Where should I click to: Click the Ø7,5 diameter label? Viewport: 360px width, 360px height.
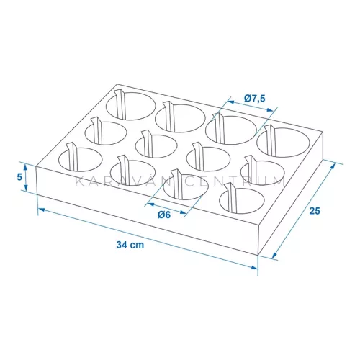click(255, 98)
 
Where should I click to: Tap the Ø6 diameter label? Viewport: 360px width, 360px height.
click(164, 215)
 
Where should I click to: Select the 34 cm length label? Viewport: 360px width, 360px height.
click(130, 245)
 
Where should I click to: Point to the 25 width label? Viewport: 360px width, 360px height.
click(315, 211)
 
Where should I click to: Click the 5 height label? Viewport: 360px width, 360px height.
click(19, 177)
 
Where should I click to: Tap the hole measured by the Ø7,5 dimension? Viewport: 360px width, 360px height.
click(231, 130)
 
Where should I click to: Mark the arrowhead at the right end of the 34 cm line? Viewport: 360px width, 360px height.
click(254, 267)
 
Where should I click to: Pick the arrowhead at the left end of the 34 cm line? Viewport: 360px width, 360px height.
click(42, 210)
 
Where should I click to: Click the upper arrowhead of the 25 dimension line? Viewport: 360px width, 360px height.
click(333, 166)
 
